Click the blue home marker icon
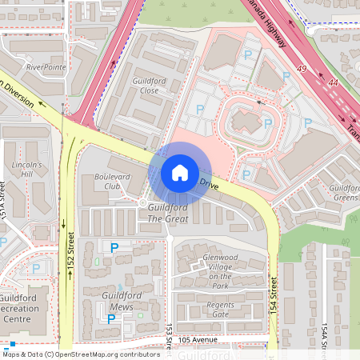pos(179,172)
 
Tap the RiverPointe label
pos(46,68)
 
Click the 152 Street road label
pos(70,250)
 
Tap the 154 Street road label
pos(274,294)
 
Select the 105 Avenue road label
pos(198,339)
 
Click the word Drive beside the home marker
pos(209,184)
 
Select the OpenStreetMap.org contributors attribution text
pos(109,354)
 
